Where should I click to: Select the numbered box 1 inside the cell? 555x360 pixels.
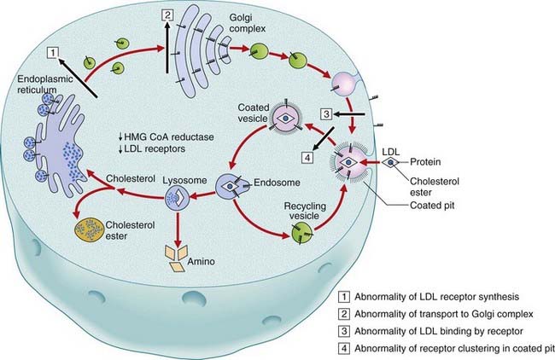53,53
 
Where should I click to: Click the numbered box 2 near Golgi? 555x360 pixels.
167,15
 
